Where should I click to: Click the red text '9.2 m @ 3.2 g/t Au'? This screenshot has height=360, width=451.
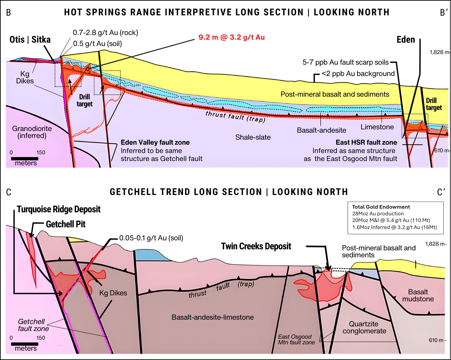pos(232,37)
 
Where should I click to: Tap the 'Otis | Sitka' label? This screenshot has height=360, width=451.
pos(30,40)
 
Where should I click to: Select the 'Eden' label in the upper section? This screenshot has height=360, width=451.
pos(406,40)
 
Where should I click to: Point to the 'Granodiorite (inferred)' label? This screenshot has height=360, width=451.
pos(32,132)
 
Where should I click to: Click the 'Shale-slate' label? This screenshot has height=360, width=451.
pos(253,137)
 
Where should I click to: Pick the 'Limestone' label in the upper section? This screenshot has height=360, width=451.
pos(377,127)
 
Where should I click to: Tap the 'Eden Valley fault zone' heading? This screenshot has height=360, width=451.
pos(155,143)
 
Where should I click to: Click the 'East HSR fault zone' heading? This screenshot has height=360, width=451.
pos(366,143)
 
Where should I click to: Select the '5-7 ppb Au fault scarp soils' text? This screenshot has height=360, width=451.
pos(346,62)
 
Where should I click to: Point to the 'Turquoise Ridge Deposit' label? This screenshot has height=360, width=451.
pos(59,209)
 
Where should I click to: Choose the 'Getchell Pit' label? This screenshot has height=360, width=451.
pos(66,224)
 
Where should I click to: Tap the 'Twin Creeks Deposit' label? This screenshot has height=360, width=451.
pos(256,246)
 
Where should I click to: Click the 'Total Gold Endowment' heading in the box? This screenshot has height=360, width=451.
pos(381,207)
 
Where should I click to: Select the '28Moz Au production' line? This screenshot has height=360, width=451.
pos(378,214)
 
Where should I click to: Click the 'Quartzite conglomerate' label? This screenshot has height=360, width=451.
pos(364,327)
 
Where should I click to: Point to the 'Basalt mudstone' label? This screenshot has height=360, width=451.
pos(418,295)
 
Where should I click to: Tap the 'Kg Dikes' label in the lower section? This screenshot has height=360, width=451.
pos(113,293)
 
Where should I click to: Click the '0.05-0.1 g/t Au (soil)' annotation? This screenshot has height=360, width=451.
pos(151,238)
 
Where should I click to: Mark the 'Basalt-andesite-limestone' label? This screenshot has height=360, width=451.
pos(212,317)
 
